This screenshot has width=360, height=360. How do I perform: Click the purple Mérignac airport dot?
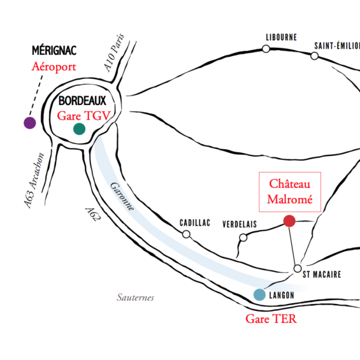30,123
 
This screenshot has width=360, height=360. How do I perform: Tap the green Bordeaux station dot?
79,129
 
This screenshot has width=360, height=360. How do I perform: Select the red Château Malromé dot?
289,221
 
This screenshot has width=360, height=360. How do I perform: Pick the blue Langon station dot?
259,294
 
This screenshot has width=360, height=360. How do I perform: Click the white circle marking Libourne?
266,49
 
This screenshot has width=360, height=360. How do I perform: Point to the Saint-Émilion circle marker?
314,56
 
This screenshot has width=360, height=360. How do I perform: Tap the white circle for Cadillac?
186,234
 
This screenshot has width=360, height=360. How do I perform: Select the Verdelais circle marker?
243,238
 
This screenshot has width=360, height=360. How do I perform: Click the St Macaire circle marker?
298,268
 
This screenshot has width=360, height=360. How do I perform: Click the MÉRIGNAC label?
54,50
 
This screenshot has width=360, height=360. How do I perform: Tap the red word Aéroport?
54,67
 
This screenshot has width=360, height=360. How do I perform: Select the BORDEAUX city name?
82,101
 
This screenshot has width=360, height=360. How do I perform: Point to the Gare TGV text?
84,115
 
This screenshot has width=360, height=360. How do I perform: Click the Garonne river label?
122,196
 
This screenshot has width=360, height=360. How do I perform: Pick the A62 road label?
93,214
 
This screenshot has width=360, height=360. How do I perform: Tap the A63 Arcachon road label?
34,180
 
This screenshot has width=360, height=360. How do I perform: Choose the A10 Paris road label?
114,53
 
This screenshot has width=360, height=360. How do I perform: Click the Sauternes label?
135,298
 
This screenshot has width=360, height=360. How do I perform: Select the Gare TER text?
271,319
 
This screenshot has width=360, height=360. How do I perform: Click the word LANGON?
282,295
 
